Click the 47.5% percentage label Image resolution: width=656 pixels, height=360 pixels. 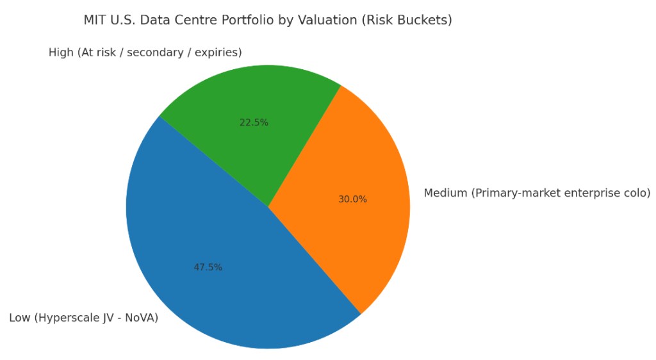pos(208,267)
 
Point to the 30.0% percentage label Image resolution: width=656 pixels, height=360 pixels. pos(352,199)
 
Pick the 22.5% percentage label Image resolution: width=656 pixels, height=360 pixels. pos(254,122)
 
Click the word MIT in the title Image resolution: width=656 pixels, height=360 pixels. pos(94,20)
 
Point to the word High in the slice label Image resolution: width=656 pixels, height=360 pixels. pos(61,53)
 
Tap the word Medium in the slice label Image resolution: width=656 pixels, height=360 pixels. pos(445,193)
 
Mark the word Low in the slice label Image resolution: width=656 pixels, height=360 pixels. pos(19,318)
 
